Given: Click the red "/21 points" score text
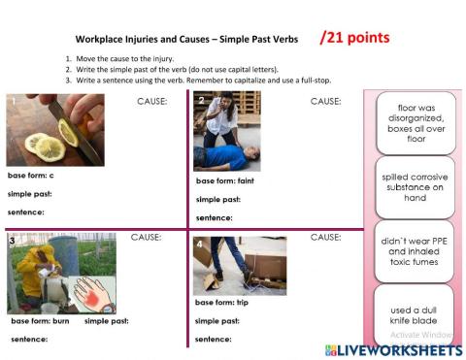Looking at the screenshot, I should tap(354, 38).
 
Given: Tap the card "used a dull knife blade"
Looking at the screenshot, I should tap(416, 311).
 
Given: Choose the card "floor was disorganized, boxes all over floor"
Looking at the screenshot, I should tap(416, 123).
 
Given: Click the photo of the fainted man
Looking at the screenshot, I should tap(227, 132).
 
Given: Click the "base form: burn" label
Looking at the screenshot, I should tap(40, 320).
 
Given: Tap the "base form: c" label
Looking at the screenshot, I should tap(31, 176).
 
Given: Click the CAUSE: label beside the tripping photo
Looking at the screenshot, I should tap(325, 237).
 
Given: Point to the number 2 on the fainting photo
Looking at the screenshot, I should tap(201, 100).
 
